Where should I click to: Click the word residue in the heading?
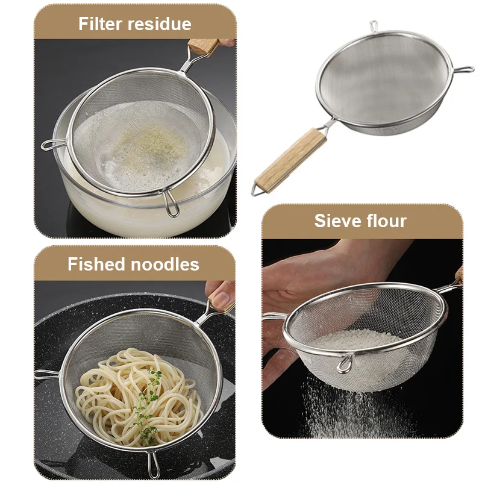click(x=159, y=24)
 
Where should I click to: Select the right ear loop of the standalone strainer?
click(x=464, y=70)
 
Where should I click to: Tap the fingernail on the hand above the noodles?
click(x=221, y=297)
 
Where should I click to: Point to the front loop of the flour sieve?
click(x=345, y=365)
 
